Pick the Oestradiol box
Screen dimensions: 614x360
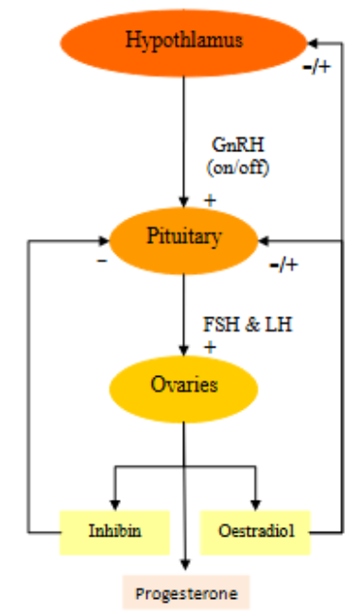255,531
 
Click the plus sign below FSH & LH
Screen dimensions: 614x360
210,347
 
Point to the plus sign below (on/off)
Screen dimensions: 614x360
209,200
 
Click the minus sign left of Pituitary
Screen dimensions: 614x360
102,261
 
